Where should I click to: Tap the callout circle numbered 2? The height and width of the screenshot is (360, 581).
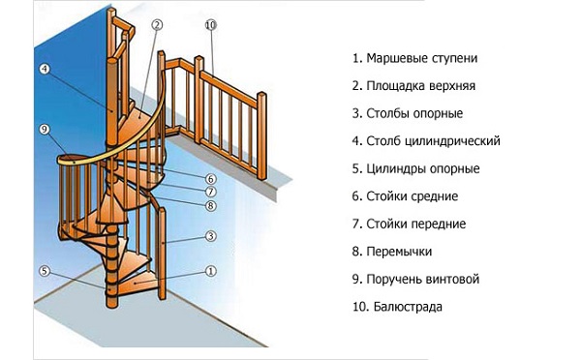[158, 23]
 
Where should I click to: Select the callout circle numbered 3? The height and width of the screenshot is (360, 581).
[209, 237]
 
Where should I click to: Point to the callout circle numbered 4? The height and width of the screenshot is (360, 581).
[45, 69]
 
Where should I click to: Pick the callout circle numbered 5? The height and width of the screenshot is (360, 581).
[45, 271]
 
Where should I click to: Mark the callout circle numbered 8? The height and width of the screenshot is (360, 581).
[209, 204]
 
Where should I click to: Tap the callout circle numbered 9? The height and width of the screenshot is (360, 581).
[45, 129]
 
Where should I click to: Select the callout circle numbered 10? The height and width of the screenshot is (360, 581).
[211, 23]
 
